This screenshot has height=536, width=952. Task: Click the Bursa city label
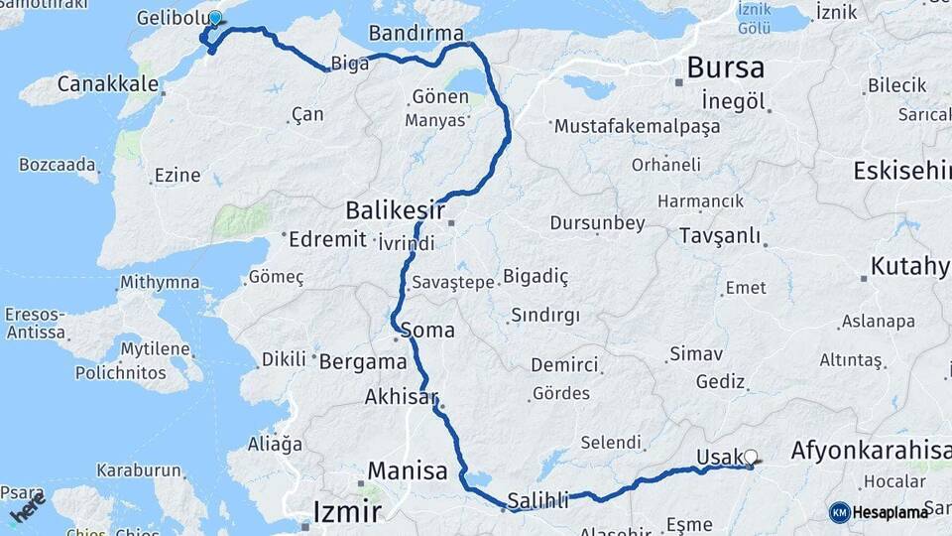(725, 67)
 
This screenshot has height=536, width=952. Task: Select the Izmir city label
(346, 512)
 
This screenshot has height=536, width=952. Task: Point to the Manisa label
(408, 470)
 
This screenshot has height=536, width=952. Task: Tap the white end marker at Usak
(751, 458)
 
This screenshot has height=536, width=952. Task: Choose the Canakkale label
(107, 83)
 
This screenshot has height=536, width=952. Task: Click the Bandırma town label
(416, 34)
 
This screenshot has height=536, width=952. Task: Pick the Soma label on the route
(428, 330)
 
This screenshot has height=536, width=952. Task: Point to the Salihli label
(537, 501)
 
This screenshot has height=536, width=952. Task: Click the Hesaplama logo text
(892, 512)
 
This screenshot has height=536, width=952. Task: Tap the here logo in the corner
(28, 508)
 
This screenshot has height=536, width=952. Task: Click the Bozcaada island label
(58, 164)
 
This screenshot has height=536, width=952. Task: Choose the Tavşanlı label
(720, 236)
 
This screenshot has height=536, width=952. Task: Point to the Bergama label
(363, 362)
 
